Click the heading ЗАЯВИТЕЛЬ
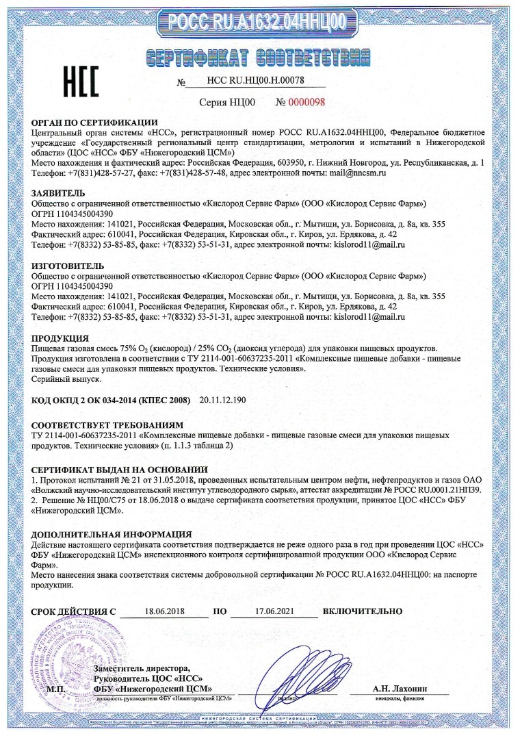tap(57, 194)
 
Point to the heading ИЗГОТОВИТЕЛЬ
tap(68, 264)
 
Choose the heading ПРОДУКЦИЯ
tap(60, 338)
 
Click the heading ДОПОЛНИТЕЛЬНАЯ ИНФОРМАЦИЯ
tap(112, 533)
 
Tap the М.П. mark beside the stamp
tap(62, 689)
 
